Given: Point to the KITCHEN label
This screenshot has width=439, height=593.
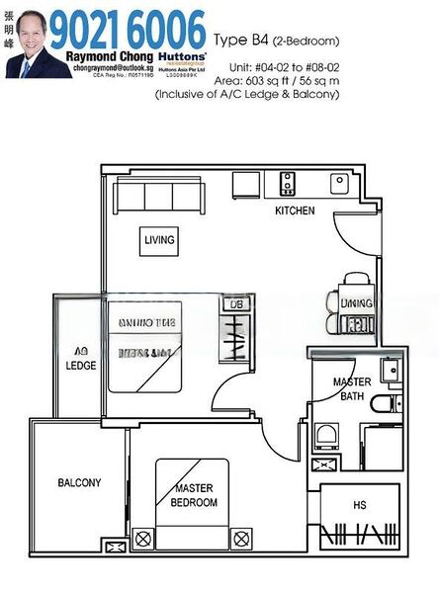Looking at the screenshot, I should click(295, 211).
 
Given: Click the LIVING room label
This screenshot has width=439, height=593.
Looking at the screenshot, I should click(159, 240).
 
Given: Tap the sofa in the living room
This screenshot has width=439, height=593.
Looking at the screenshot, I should click(157, 196).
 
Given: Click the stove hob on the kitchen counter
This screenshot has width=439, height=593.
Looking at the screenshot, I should click(289, 183).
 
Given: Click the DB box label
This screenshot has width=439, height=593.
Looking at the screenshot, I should click(235, 305).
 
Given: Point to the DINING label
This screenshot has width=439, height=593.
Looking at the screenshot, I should click(356, 302).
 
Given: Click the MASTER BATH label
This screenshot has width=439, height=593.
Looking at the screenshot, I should click(351, 388).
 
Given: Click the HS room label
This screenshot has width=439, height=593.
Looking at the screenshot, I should click(359, 504).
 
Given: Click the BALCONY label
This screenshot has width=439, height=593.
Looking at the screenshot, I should click(78, 483).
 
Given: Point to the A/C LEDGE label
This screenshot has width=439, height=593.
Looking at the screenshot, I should click(80, 358).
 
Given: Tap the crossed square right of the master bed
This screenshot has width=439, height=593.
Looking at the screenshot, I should click(239, 539).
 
